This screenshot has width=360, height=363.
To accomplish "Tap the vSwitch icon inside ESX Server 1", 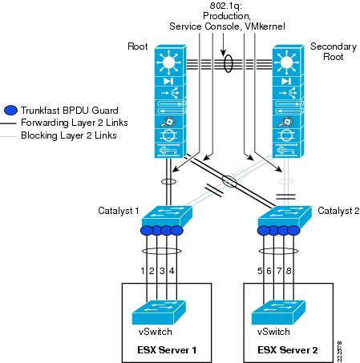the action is (x=159, y=313).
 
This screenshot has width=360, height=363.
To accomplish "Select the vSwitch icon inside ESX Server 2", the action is (x=278, y=313).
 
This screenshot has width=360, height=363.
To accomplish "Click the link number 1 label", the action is (x=143, y=271).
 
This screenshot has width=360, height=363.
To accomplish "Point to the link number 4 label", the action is (x=172, y=271).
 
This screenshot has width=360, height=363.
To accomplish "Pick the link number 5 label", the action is (x=260, y=271).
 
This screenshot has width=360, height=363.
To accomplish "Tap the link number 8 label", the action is (x=289, y=271).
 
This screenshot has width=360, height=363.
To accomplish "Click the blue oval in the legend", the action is (x=11, y=110).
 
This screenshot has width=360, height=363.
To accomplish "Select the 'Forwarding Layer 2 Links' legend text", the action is (x=75, y=123).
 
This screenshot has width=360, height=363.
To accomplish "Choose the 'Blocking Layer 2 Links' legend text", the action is (x=69, y=135).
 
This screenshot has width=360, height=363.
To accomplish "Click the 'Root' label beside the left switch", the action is (x=138, y=46).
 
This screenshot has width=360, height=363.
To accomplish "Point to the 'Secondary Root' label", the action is (x=334, y=51).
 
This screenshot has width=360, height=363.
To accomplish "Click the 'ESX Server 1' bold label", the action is (x=167, y=350).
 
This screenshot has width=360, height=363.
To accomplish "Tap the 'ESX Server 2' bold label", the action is (x=288, y=350).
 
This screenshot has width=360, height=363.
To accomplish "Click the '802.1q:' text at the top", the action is (x=226, y=6).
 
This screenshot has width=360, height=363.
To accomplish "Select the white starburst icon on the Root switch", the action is (x=169, y=63).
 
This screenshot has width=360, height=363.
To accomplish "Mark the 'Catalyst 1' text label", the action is (x=119, y=211).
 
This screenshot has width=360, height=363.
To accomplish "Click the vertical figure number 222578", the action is (x=339, y=351).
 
